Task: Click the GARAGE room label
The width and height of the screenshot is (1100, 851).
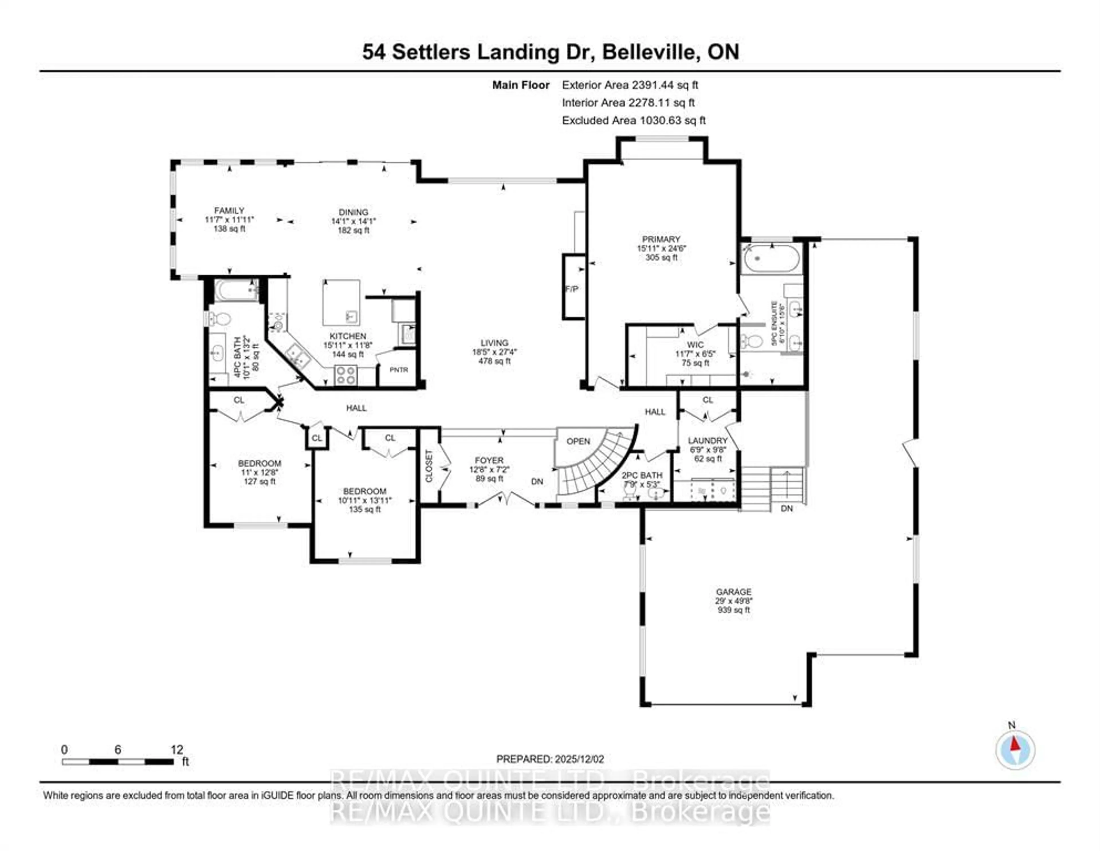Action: (x=733, y=591)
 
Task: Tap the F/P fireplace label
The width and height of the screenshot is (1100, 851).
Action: (x=572, y=289)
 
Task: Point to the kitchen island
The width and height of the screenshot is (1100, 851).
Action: (x=341, y=302)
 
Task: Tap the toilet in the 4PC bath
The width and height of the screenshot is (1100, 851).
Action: (x=220, y=318)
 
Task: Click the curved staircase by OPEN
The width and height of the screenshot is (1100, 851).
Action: (x=594, y=468)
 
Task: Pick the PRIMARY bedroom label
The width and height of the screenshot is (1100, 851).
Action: (x=661, y=239)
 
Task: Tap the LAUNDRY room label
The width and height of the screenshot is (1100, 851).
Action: (x=708, y=440)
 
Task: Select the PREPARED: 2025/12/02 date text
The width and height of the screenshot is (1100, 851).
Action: (x=550, y=759)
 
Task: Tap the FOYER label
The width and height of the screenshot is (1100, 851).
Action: (x=488, y=460)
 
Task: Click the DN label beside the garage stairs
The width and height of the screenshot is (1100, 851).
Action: (x=787, y=508)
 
